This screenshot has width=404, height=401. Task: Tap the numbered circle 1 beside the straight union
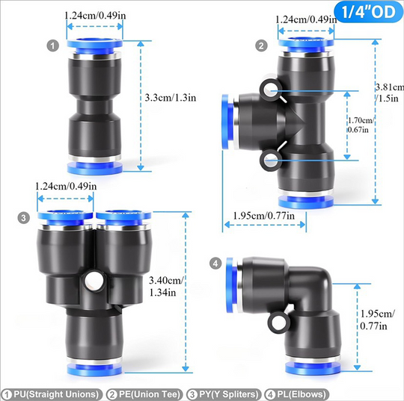53,46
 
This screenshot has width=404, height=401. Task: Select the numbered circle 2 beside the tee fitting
261,46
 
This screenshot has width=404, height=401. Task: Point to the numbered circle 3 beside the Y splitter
24,217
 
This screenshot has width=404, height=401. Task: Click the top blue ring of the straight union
94,46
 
